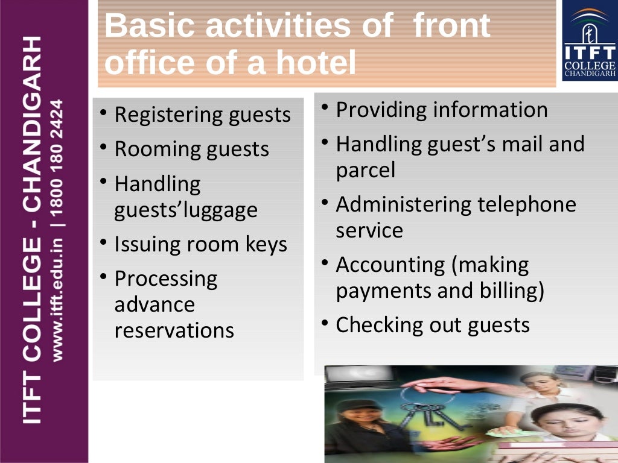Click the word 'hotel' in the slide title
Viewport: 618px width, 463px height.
(x=317, y=64)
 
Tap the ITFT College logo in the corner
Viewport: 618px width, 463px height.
(x=589, y=42)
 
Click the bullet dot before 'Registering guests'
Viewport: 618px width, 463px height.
(x=104, y=112)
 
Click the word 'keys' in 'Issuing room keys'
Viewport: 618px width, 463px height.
(x=266, y=244)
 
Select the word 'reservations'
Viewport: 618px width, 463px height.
(x=174, y=330)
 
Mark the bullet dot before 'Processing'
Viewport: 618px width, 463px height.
(x=104, y=277)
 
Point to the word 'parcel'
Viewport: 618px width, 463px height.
(x=366, y=171)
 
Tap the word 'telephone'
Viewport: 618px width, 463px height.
(x=527, y=204)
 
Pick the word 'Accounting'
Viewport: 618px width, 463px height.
(x=390, y=265)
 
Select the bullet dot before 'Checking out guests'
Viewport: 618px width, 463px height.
(x=325, y=324)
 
